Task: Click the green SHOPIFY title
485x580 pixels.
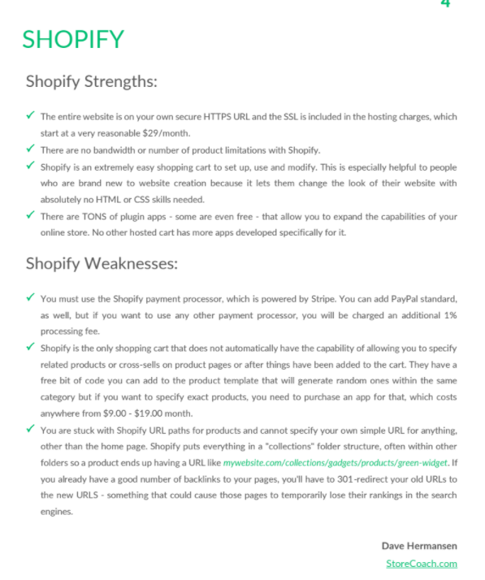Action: (x=73, y=39)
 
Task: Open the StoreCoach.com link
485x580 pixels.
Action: (x=421, y=563)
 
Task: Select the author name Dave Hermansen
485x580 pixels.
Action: (x=418, y=545)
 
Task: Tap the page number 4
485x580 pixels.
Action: (x=445, y=4)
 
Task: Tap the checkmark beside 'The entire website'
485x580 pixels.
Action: (x=30, y=116)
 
